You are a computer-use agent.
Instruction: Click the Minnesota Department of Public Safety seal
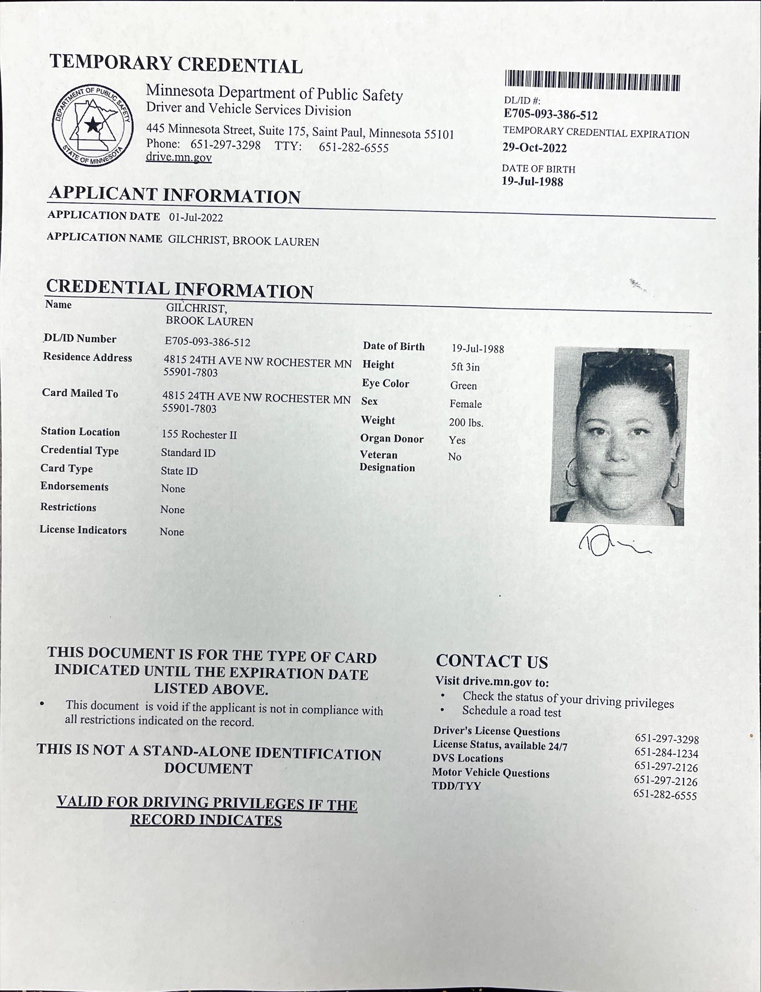click(x=93, y=125)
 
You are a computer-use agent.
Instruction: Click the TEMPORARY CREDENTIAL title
click(x=176, y=64)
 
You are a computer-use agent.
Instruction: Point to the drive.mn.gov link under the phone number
click(x=178, y=158)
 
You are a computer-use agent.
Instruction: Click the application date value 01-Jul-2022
click(x=196, y=217)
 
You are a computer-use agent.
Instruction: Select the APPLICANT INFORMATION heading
click(x=175, y=195)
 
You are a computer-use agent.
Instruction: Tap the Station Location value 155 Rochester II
click(x=199, y=434)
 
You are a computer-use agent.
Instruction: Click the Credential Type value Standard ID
click(x=188, y=453)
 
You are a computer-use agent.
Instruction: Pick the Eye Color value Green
click(x=463, y=385)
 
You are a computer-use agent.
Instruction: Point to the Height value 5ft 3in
click(x=465, y=367)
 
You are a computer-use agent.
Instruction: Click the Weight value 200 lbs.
click(x=466, y=423)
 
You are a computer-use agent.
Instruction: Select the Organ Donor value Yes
click(x=457, y=440)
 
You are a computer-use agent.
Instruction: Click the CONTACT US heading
click(x=492, y=661)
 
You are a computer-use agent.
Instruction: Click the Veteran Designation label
click(x=387, y=461)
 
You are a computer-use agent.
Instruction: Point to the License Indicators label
click(x=83, y=530)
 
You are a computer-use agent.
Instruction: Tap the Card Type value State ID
click(x=179, y=471)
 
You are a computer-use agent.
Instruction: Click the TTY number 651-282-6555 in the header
click(x=353, y=148)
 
